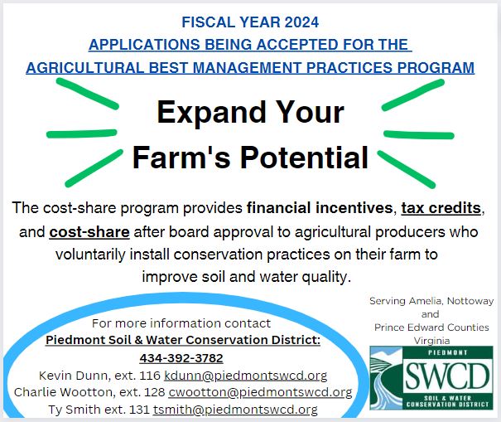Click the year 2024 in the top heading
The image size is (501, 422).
pyautogui.click(x=301, y=22)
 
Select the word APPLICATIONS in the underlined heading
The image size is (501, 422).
pyautogui.click(x=144, y=45)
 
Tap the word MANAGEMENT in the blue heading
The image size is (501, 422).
pyautogui.click(x=247, y=68)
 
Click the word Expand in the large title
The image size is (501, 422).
pyautogui.click(x=211, y=113)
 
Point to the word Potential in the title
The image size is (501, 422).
pyautogui.click(x=305, y=158)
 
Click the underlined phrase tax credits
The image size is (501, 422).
pyautogui.click(x=441, y=208)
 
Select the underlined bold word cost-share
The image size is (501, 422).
pyautogui.click(x=89, y=232)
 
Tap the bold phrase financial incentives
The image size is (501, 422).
pyautogui.click(x=320, y=208)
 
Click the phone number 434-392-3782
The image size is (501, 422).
pyautogui.click(x=181, y=358)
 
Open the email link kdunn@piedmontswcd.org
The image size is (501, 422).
pyautogui.click(x=246, y=376)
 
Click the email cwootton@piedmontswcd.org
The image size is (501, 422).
pyautogui.click(x=260, y=392)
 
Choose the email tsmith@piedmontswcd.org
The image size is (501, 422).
pyautogui.click(x=235, y=410)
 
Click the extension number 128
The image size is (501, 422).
pyautogui.click(x=155, y=392)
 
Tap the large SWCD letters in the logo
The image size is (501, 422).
pyautogui.click(x=447, y=376)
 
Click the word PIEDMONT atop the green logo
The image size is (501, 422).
pyautogui.click(x=447, y=352)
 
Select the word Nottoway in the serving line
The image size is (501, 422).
pyautogui.click(x=470, y=301)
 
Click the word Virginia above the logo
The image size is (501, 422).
pyautogui.click(x=431, y=341)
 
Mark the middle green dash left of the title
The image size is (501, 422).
pyautogui.click(x=82, y=133)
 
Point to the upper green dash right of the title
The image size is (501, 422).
pyautogui.click(x=413, y=95)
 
